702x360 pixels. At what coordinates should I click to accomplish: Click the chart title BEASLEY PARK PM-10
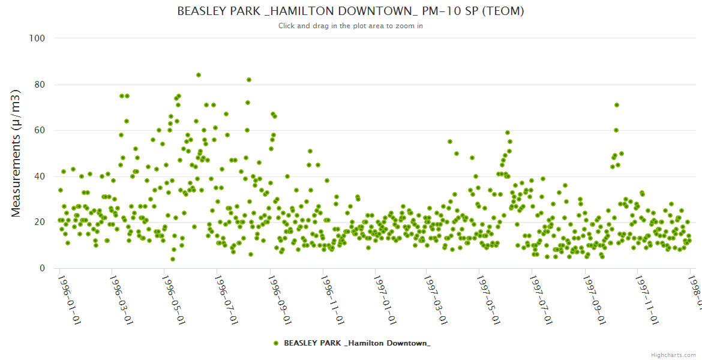351,11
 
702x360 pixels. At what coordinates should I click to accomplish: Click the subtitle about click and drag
351,26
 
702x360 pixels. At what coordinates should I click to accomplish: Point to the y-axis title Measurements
16,153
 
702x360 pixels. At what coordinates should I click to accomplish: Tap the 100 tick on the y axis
37,38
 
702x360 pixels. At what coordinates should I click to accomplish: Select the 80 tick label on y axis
40,85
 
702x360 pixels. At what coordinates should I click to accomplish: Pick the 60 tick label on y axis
40,130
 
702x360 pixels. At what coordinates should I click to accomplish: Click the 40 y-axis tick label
40,176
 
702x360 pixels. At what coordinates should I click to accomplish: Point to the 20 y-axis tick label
40,223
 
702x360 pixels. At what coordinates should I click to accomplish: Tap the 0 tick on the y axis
42,268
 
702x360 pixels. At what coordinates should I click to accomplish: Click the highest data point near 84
199,75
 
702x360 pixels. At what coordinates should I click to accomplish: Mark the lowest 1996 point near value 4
173,259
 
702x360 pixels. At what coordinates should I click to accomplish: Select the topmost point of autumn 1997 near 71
616,105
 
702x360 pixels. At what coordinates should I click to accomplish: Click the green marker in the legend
276,343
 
